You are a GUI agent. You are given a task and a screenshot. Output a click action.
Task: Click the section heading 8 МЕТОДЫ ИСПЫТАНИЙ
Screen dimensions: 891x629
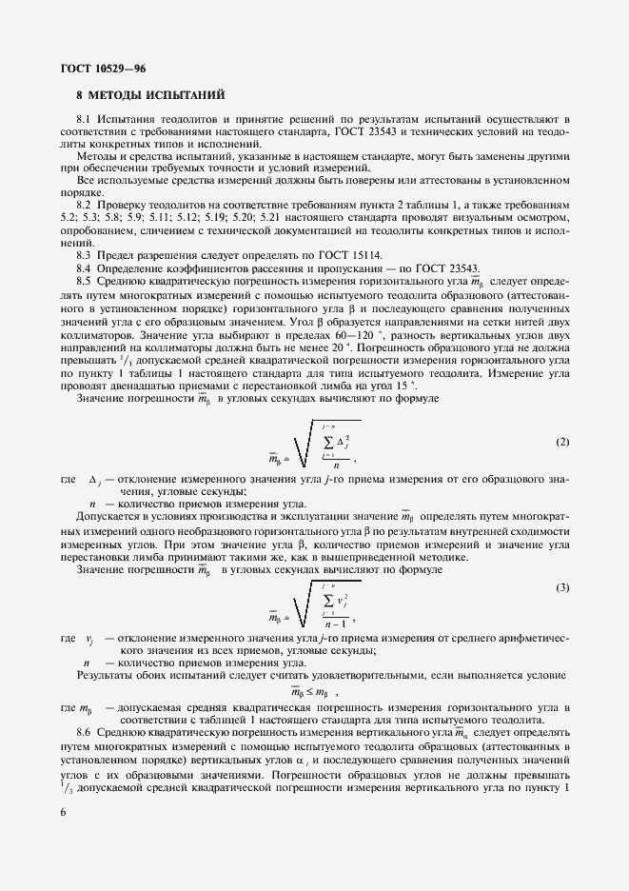[149, 96]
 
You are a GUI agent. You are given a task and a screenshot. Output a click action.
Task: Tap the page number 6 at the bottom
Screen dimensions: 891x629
[60, 810]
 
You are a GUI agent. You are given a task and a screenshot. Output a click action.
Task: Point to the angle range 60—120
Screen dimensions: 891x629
[329, 336]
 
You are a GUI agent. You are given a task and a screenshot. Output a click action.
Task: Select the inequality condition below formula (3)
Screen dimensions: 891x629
[309, 691]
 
